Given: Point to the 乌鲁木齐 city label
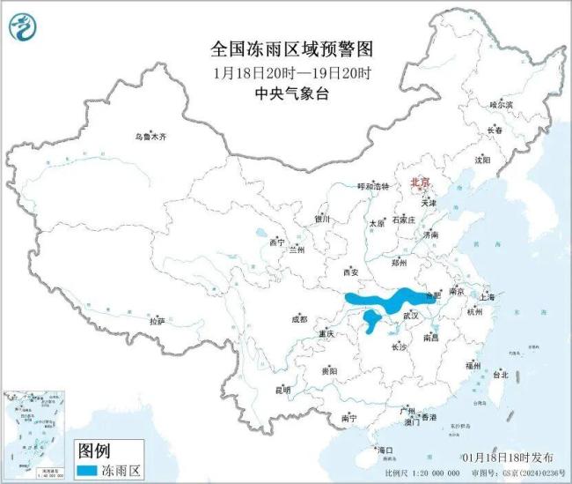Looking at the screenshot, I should click(150, 138).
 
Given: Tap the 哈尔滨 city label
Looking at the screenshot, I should click(501, 104).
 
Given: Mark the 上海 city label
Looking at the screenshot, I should click(488, 297).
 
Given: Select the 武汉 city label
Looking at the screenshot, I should click(411, 314).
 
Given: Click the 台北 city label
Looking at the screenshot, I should click(500, 374).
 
